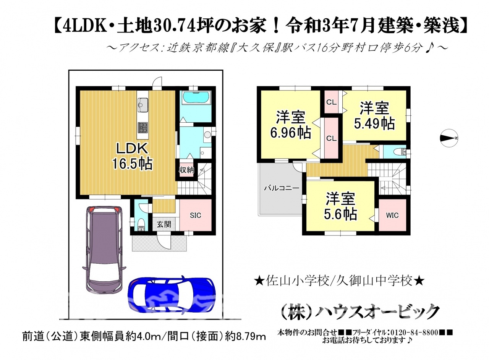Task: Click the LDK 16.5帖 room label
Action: tap(132, 156)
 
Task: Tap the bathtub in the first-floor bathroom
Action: tap(195, 97)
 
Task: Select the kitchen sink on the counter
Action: tap(143, 104)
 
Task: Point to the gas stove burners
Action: tap(143, 127)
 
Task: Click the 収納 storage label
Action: tap(186, 170)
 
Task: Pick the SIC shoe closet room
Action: tap(195, 215)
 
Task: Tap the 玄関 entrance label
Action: tap(164, 224)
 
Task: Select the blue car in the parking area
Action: tap(172, 296)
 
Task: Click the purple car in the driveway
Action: tap(104, 249)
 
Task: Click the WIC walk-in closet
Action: tap(392, 215)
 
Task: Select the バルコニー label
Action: tap(282, 188)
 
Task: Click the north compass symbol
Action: tap(449, 138)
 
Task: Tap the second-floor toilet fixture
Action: tap(400, 152)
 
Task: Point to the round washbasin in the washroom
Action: tap(207, 135)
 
